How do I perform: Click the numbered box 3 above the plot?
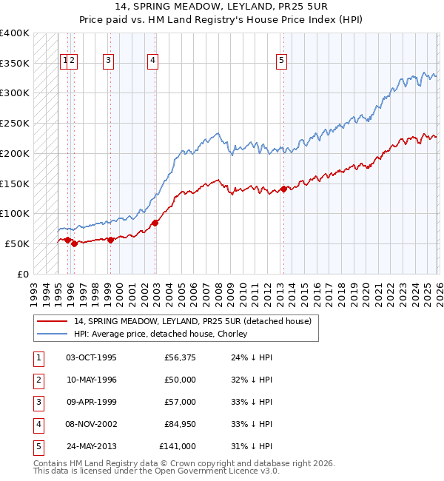point(109,61)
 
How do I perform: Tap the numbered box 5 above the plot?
point(282,61)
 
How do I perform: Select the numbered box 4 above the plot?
point(152,61)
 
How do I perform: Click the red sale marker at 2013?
point(283,188)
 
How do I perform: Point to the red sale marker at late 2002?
point(155,222)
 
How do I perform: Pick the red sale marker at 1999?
point(110,239)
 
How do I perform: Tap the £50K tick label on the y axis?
point(18,243)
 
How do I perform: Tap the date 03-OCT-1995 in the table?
point(91,357)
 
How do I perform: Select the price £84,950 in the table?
point(178,424)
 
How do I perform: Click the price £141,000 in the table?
point(178,446)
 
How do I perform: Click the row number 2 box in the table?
point(37,380)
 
